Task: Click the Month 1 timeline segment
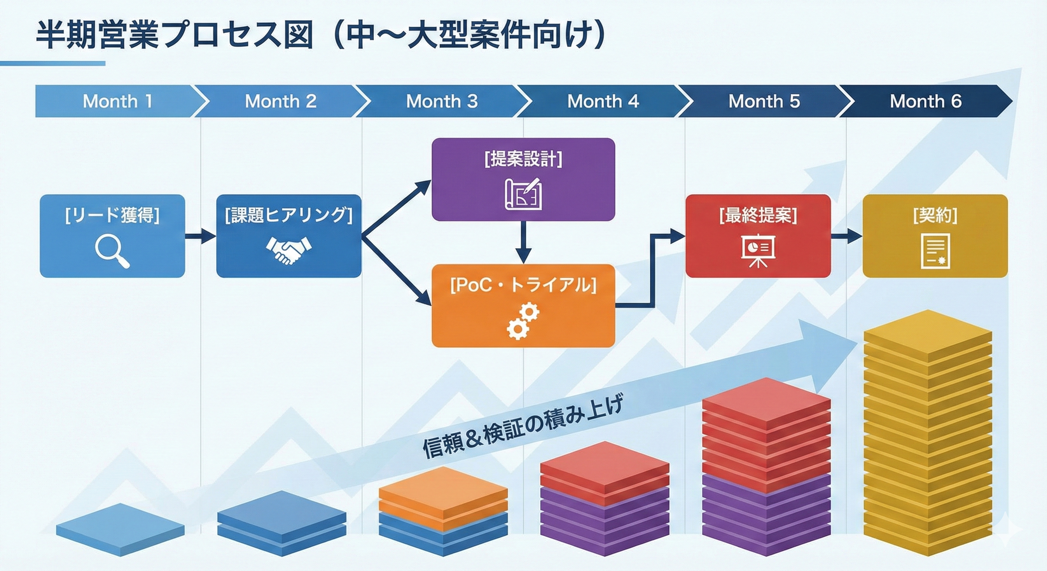tap(118, 101)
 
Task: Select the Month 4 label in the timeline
tap(603, 101)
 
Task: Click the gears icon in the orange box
tap(523, 321)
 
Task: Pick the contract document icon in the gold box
tap(935, 251)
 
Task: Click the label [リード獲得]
tap(113, 215)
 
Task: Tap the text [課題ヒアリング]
tap(289, 215)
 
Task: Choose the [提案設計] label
tap(523, 158)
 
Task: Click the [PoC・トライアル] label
tap(523, 285)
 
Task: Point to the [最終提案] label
tap(758, 215)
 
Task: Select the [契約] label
tap(935, 215)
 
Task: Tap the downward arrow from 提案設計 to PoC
tap(523, 242)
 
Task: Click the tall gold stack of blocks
tap(928, 433)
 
